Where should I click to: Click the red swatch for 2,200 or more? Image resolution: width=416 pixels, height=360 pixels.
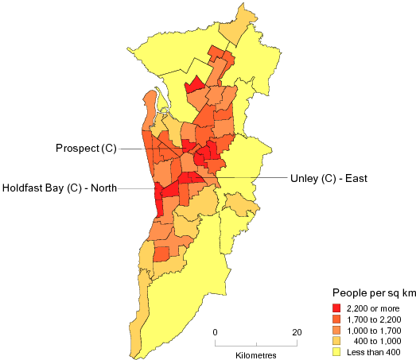337,308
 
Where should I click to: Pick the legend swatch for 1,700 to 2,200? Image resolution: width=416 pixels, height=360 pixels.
337,319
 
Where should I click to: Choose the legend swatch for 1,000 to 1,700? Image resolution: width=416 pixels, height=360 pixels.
337,330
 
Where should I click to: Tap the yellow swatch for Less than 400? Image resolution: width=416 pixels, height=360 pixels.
337,351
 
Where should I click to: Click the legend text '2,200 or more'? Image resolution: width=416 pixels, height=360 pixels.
374,308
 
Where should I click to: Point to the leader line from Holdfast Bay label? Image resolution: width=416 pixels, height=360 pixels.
137,188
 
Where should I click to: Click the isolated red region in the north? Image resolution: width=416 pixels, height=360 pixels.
193,86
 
